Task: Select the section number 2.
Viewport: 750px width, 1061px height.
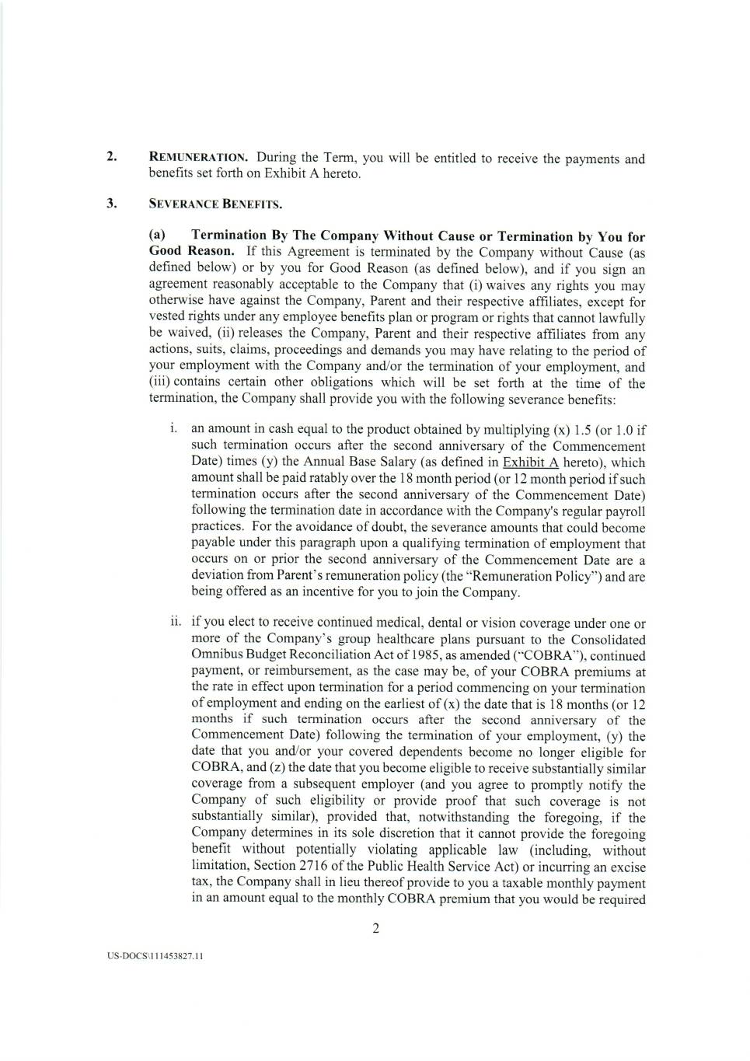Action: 112,157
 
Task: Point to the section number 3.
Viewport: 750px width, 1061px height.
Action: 112,204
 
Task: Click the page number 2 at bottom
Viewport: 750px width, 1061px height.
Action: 375,928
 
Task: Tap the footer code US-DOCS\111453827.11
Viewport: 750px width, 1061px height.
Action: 155,956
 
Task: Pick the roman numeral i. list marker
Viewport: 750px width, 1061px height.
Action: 175,429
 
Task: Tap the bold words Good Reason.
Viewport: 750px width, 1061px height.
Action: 190,251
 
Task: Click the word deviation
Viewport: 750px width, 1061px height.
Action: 216,576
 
